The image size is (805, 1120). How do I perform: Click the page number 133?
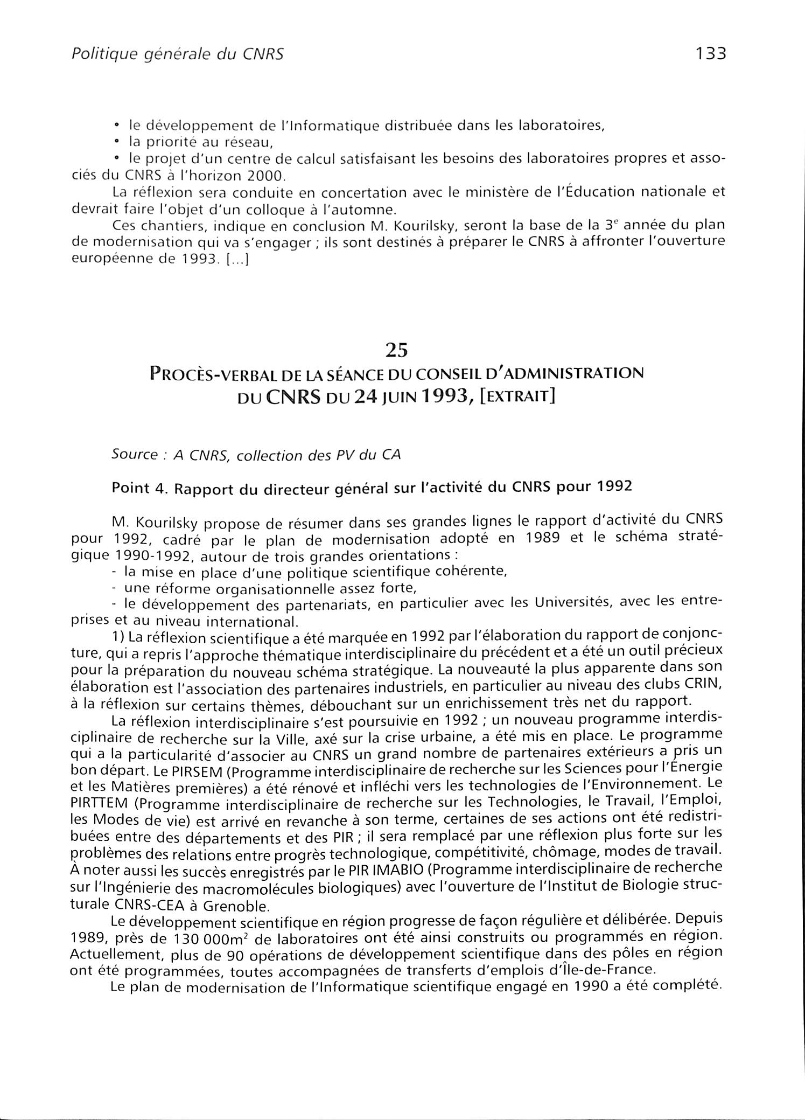pyautogui.click(x=711, y=54)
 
